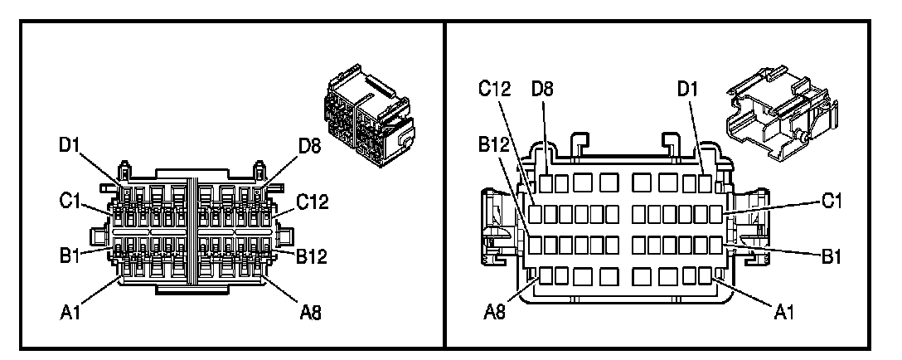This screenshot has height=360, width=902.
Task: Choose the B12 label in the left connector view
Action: pos(312,256)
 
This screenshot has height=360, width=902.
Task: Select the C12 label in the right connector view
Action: pos(494,88)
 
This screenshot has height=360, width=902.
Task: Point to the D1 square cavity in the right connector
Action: pos(706,183)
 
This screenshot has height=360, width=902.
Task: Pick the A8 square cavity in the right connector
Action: pos(546,275)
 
